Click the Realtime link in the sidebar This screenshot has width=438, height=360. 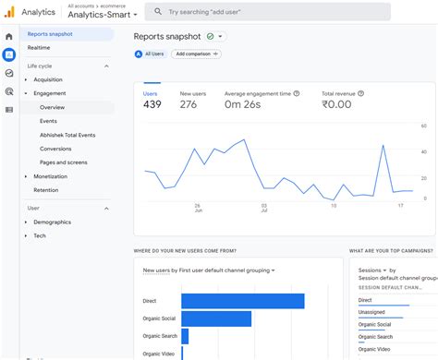point(39,47)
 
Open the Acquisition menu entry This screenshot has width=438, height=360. point(48,79)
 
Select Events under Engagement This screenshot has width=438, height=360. point(48,121)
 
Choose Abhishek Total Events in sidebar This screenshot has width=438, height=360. point(67,135)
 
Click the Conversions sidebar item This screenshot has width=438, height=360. point(55,149)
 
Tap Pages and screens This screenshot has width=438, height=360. point(63,162)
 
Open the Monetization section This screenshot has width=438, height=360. point(50,176)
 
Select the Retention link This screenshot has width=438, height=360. point(45,189)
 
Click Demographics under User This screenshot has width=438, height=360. point(52,222)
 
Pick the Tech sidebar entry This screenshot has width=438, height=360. point(40,235)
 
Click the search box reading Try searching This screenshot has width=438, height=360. point(268,12)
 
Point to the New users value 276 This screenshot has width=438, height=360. point(189,104)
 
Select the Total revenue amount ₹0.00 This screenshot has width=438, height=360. point(338,104)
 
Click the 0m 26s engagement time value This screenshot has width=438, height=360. point(242,104)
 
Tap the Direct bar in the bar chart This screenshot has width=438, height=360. point(242,301)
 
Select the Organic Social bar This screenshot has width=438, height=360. point(216,318)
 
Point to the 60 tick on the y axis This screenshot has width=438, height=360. point(423,126)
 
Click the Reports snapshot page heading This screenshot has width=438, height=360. point(167,36)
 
